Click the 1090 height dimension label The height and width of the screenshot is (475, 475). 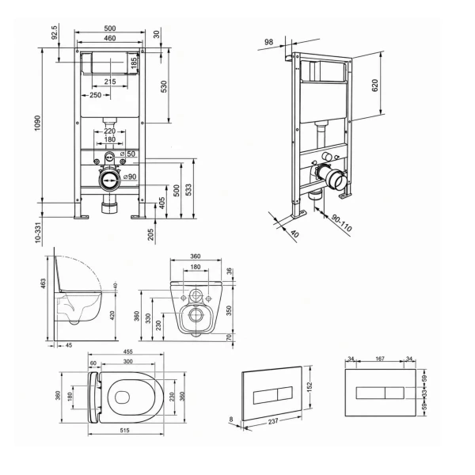pos(37,123)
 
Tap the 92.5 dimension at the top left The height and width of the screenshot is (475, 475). pos(55,32)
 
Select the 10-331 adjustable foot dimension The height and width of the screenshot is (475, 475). pos(37,233)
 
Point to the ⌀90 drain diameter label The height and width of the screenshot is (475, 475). pos(130,177)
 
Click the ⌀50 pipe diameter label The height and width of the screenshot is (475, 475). pos(127,154)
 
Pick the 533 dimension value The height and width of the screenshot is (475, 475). pos(188,190)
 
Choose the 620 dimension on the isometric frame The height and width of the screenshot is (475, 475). pos(375,85)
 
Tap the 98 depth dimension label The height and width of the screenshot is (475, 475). pos(268,42)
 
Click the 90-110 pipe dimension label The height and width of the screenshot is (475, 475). pos(341,223)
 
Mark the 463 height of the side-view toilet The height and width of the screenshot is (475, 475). pos(44,283)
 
